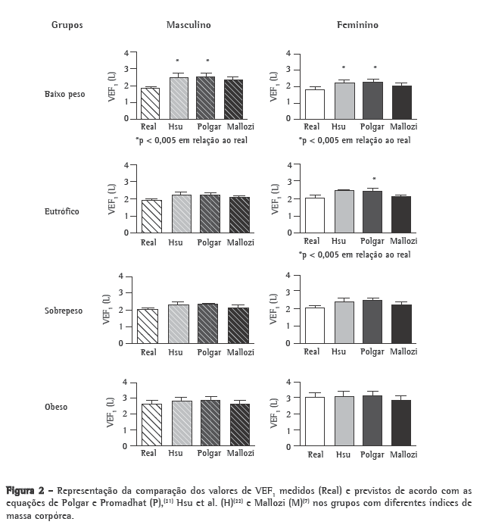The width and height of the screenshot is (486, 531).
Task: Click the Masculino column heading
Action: [x=188, y=25]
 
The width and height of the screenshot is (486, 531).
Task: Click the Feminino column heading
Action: [x=357, y=25]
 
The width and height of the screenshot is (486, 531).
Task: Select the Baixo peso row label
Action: [x=64, y=95]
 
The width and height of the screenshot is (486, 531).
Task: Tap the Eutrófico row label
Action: [x=63, y=211]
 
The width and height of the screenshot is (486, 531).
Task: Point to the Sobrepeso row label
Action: [x=64, y=311]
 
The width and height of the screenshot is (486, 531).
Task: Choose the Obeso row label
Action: [x=56, y=407]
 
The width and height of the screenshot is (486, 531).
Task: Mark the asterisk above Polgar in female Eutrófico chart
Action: [x=374, y=180]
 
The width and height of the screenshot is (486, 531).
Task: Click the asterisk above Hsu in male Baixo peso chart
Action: [x=178, y=61]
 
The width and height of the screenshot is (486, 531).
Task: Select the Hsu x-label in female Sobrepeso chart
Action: [x=342, y=352]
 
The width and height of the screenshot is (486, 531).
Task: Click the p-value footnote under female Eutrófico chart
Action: [x=354, y=255]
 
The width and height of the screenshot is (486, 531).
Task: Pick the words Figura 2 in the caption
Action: [x=27, y=490]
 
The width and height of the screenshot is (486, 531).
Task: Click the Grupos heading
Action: [x=67, y=25]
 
